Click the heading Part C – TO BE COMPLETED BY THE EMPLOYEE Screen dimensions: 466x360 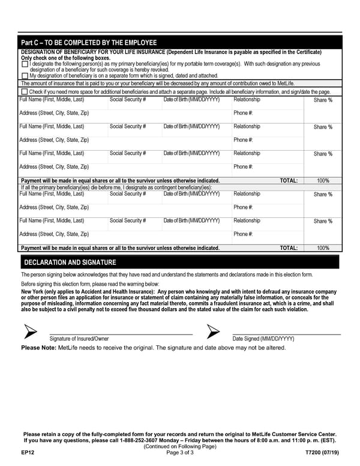click(89, 43)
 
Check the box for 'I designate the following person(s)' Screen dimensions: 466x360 click(25, 64)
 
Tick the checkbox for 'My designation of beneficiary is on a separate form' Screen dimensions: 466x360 click(25, 76)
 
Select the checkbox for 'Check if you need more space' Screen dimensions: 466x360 click(25, 92)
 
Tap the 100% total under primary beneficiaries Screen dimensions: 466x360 click(323, 180)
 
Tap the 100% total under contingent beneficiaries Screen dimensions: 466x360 click(323, 247)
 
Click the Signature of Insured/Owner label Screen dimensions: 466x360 click(79, 339)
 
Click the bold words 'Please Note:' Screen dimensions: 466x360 click(38, 348)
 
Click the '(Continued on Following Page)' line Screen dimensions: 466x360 click(179, 446)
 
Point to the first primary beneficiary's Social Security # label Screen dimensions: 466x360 click(128, 100)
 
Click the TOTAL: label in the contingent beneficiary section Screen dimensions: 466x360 click(289, 247)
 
